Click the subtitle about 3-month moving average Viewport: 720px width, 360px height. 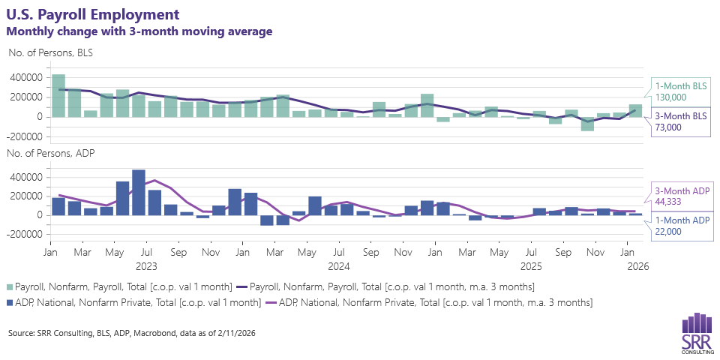pos(139,31)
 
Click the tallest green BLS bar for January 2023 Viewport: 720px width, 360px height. pos(58,95)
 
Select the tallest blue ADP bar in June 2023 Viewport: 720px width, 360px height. pos(139,192)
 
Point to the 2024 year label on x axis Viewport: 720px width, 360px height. pos(339,266)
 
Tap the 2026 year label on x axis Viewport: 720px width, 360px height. pos(637,266)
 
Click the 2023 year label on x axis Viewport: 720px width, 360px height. pos(146,266)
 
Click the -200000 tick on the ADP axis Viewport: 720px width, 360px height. pos(25,234)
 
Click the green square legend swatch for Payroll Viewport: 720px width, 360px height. pos(10,287)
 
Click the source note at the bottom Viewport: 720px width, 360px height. pos(132,333)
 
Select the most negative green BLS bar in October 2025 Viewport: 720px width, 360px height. pos(587,124)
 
